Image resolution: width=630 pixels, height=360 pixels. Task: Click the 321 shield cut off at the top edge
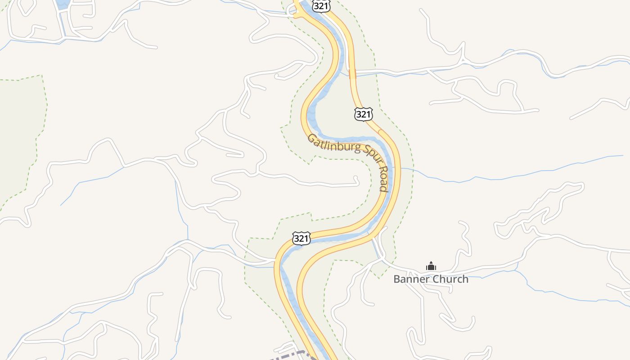click(x=322, y=5)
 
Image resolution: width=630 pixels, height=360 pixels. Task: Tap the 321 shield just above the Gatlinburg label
click(x=363, y=114)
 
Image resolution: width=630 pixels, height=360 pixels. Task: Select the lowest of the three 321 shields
click(x=301, y=238)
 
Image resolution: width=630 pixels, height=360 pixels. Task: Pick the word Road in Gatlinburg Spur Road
click(x=383, y=180)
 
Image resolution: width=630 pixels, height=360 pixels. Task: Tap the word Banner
click(x=409, y=279)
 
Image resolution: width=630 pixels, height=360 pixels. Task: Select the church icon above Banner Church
click(x=431, y=266)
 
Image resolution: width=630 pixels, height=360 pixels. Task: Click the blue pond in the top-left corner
click(x=63, y=4)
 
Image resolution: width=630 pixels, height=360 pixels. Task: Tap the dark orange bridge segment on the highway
click(x=352, y=73)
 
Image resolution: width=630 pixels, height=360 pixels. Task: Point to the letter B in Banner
click(x=397, y=279)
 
